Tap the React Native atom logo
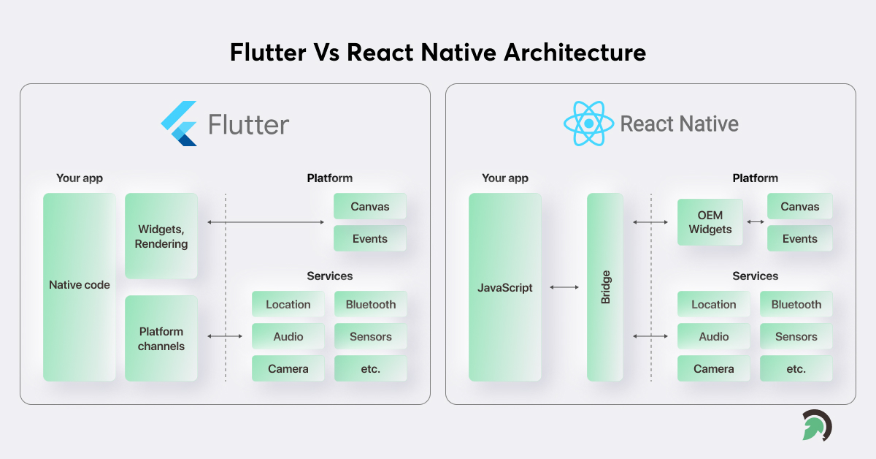588,124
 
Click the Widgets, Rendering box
161,235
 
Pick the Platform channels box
161,338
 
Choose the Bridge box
605,287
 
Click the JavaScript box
505,287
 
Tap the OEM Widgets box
710,222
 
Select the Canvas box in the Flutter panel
370,206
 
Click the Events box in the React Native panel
799,238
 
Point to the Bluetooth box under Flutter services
371,304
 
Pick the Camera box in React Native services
714,368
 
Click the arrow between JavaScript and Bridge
564,287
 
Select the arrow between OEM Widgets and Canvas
755,221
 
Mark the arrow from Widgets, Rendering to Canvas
266,221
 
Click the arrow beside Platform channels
225,336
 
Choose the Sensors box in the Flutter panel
371,336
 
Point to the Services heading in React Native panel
755,276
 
